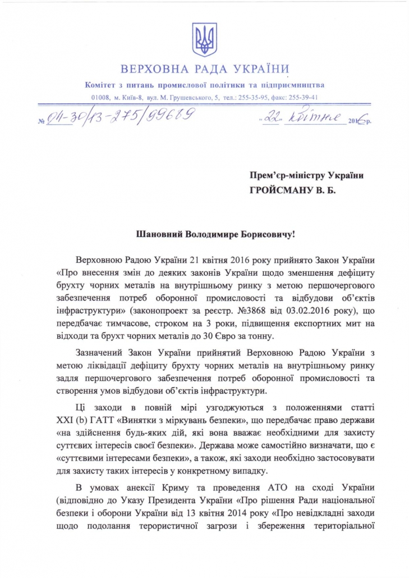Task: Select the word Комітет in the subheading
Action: point(102,85)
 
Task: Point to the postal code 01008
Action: point(101,97)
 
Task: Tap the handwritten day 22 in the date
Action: point(271,119)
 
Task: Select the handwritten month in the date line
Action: point(314,118)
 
